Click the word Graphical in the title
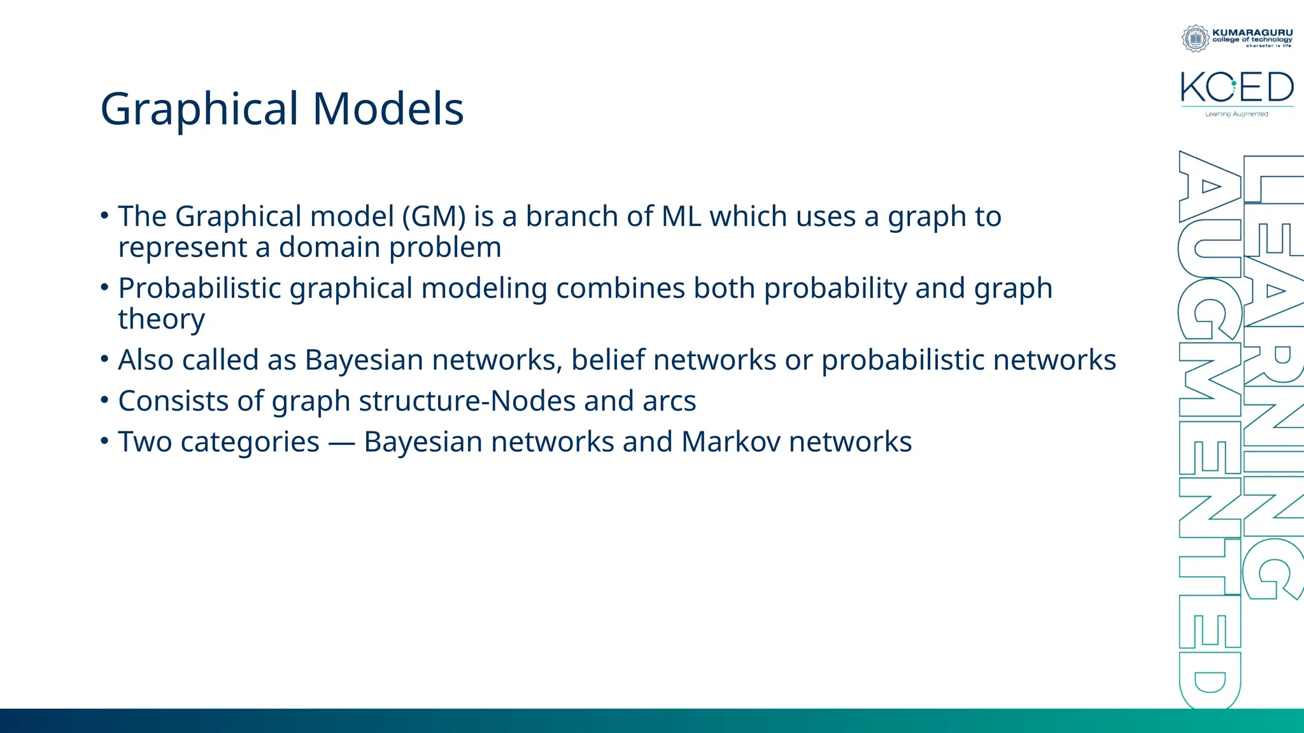click(199, 109)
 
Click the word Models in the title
click(388, 109)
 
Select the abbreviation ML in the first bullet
click(681, 217)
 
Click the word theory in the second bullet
click(161, 319)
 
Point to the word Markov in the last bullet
click(730, 442)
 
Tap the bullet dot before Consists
click(105, 400)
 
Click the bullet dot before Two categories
click(105, 441)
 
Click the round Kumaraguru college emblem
click(1195, 38)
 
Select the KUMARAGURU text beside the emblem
click(1252, 32)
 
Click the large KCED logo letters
click(1237, 87)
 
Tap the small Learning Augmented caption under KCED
click(1237, 114)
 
